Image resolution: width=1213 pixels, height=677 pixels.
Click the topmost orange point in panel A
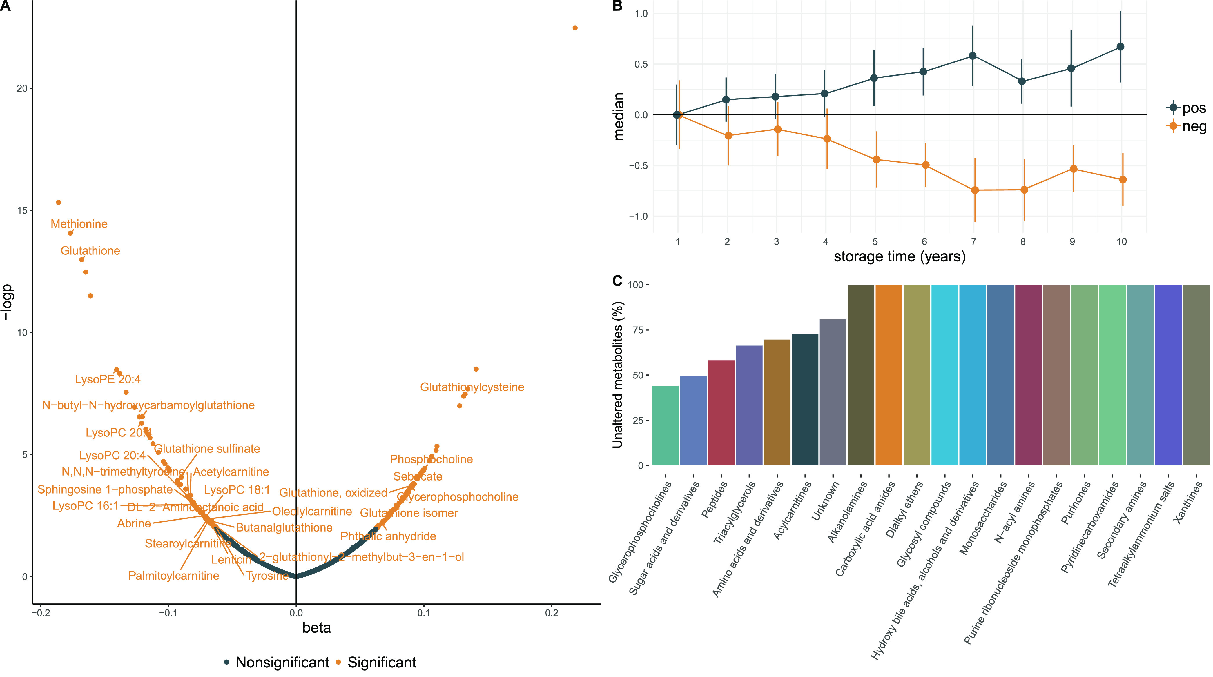(575, 28)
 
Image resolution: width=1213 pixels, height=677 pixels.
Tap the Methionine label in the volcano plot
(79, 224)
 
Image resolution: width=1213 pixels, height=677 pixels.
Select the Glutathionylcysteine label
(472, 387)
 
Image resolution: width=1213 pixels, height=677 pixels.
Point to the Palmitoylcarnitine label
(174, 576)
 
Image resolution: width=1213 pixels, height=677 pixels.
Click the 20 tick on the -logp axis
(22, 88)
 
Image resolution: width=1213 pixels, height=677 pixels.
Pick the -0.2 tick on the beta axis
(41, 613)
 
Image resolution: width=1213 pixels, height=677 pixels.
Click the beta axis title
(316, 628)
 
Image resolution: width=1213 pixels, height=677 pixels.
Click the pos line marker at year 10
(1121, 47)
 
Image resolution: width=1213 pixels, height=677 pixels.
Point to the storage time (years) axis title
(900, 257)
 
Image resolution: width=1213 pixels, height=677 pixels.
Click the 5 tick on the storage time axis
(875, 242)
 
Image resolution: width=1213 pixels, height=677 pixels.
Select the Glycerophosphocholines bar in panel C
(665, 426)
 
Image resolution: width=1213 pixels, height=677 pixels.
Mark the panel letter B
(617, 6)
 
